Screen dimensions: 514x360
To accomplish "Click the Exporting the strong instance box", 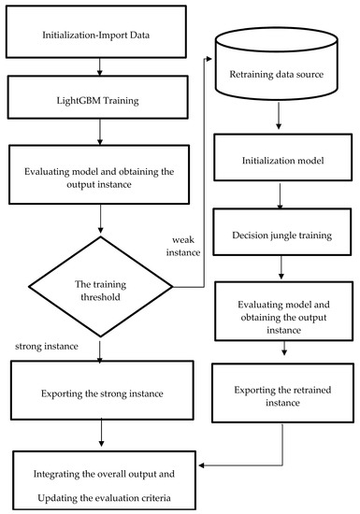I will (x=100, y=393).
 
